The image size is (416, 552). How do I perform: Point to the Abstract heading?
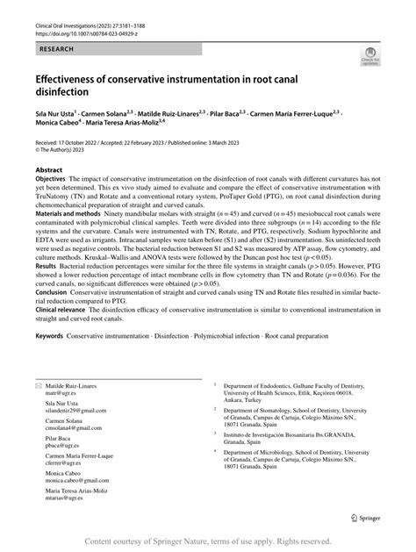tap(49, 170)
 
